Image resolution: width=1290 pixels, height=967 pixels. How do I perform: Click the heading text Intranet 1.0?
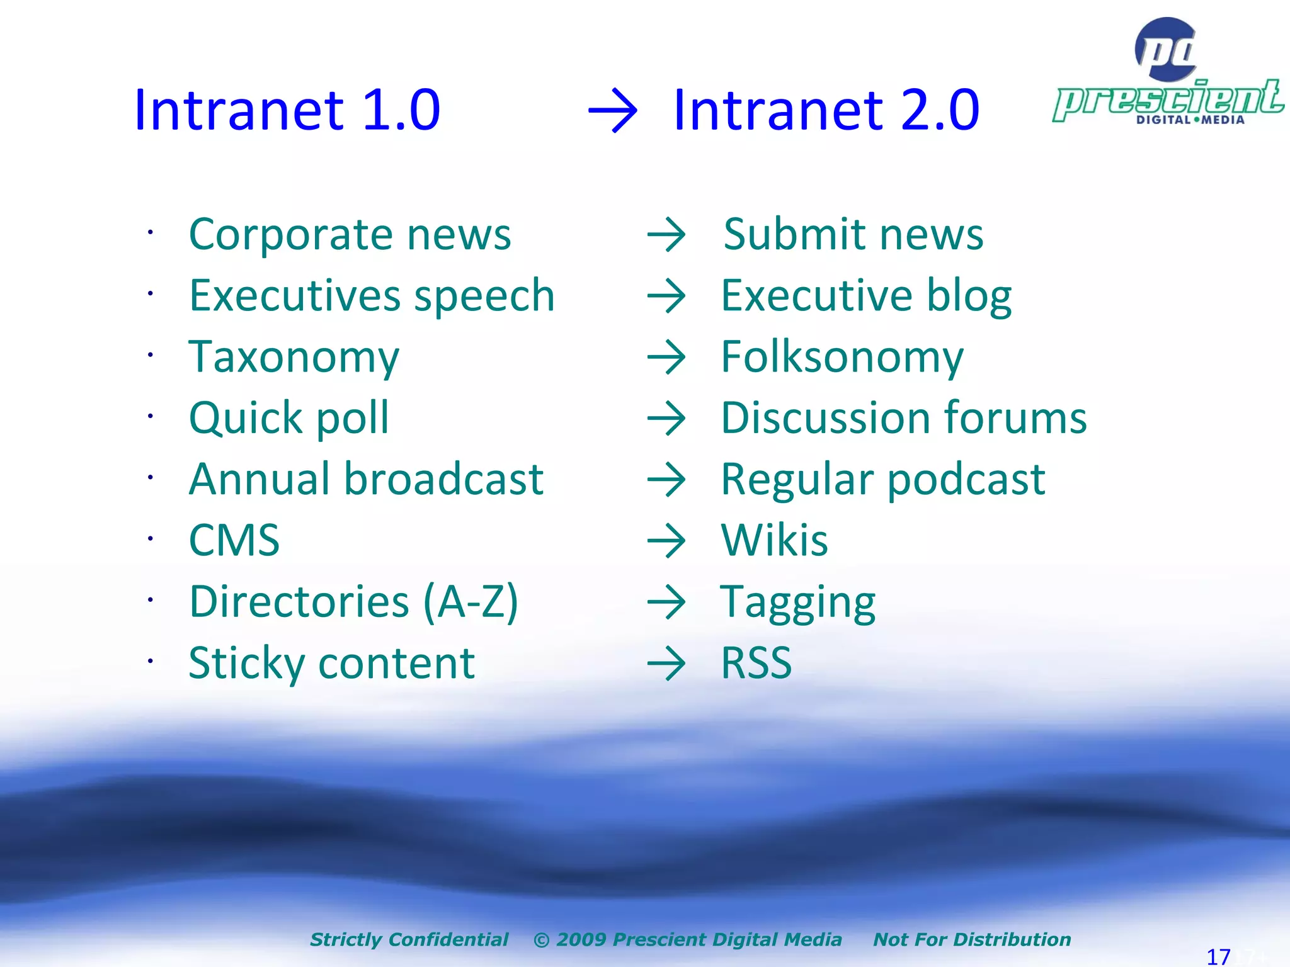(287, 110)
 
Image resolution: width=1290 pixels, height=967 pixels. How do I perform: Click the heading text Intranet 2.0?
(826, 110)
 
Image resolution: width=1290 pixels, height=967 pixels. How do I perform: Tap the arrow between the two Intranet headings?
(612, 111)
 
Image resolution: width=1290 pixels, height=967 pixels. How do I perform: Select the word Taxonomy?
(294, 357)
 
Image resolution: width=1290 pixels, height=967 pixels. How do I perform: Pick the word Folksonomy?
(842, 357)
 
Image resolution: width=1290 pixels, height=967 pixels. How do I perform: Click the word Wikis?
(774, 540)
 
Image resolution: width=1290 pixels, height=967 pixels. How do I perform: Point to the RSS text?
(756, 663)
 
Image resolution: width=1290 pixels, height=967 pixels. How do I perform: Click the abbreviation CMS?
(234, 540)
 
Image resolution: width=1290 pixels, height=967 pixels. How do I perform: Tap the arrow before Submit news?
(666, 235)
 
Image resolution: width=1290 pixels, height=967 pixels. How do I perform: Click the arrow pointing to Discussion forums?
(666, 419)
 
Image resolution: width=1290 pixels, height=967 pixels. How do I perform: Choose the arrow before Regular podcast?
(666, 480)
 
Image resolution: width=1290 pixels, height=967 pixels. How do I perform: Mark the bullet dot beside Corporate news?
(151, 232)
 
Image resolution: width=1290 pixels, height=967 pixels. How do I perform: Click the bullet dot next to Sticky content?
(151, 661)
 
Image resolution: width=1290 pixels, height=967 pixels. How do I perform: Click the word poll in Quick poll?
(352, 419)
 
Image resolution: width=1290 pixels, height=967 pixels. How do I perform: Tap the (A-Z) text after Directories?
(471, 602)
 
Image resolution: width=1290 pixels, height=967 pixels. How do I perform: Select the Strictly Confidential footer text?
(409, 939)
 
